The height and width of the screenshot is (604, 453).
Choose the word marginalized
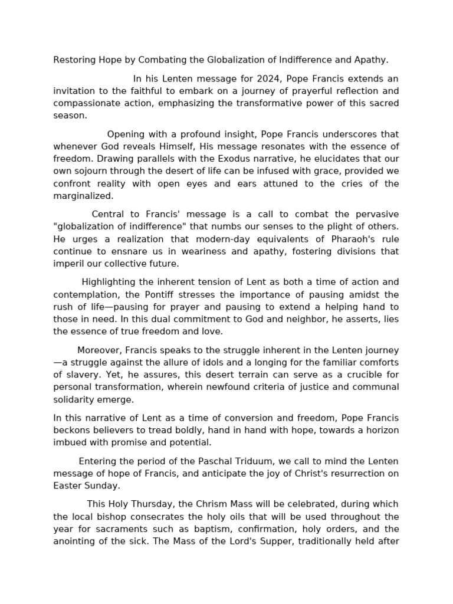[x=83, y=196]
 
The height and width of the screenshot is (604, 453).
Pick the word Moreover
[x=99, y=350]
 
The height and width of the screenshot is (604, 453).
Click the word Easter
[x=66, y=485]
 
